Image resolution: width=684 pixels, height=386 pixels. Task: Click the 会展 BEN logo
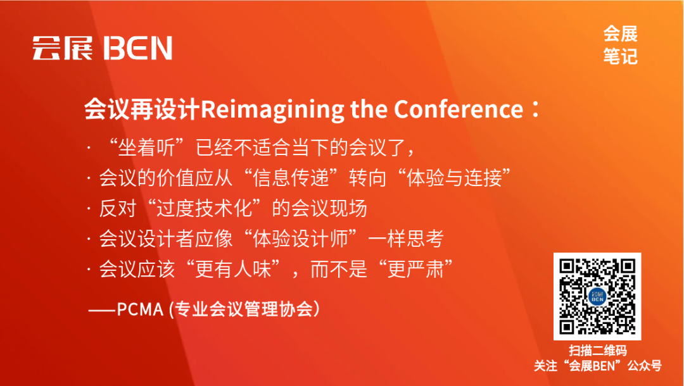pos(102,48)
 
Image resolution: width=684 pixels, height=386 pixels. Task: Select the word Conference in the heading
pos(459,110)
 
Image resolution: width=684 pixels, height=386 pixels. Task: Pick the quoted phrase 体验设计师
pos(302,239)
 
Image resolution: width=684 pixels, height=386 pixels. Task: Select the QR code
pos(597,296)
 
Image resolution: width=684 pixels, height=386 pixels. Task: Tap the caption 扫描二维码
pos(597,351)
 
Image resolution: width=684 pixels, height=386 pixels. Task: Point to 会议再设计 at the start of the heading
pos(142,110)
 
